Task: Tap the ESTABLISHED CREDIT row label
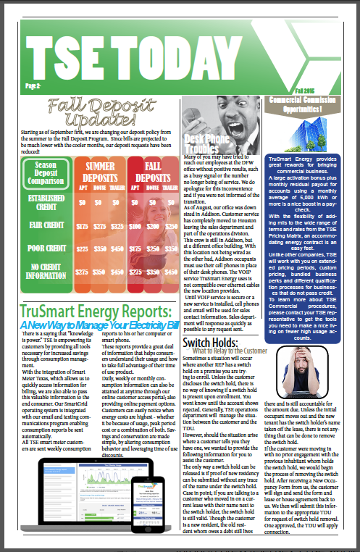click(46, 201)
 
